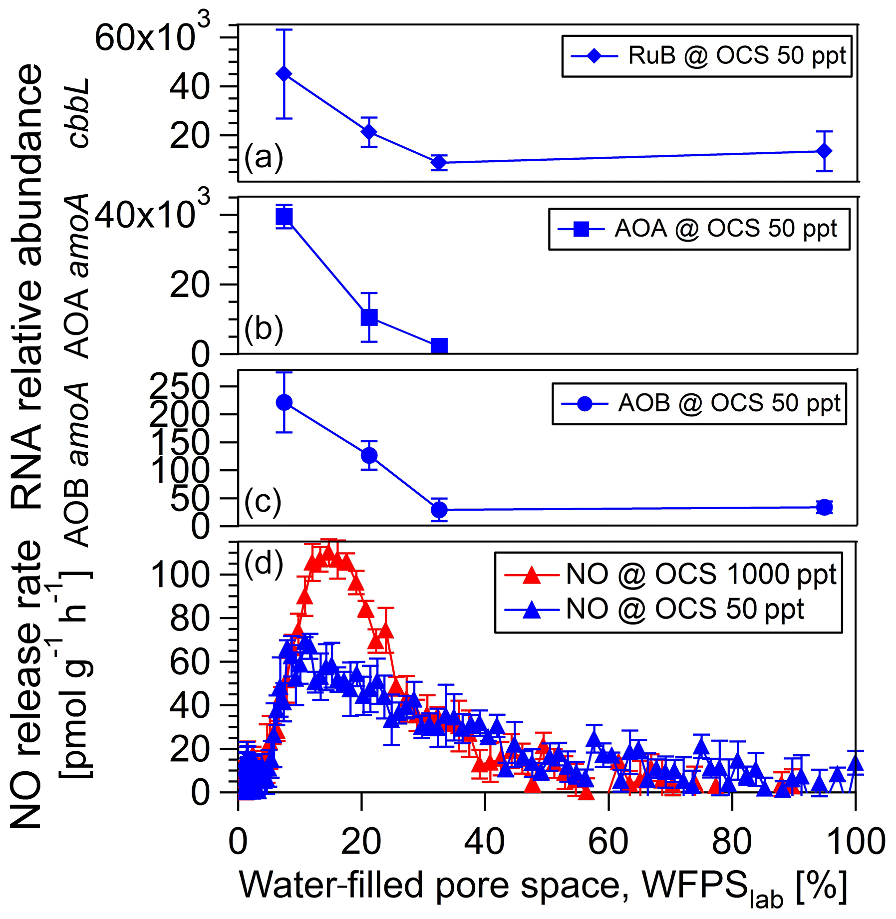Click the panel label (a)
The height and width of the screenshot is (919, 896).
tap(264, 157)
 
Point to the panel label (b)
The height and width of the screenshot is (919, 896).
tap(264, 329)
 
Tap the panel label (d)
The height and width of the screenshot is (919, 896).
tap(264, 564)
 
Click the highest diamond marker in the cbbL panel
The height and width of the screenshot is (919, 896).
tap(284, 74)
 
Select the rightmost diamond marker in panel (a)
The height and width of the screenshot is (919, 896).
tap(824, 151)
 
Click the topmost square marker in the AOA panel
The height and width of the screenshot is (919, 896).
tap(284, 217)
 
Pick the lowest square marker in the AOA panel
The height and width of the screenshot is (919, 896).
tap(439, 346)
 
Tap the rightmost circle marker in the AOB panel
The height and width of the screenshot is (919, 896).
tap(824, 507)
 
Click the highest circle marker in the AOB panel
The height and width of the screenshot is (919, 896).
tap(284, 402)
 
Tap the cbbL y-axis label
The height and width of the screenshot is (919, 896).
tap(78, 113)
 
